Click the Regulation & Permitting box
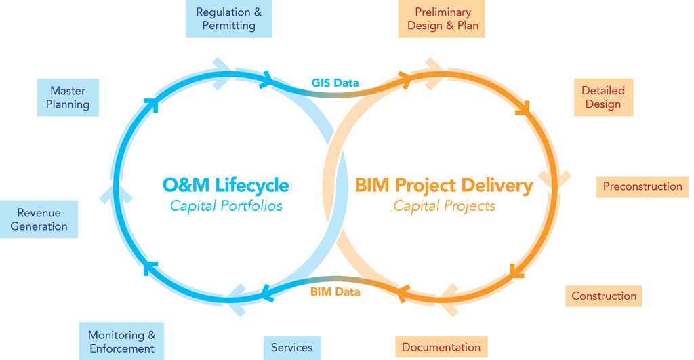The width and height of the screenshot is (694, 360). (x=228, y=19)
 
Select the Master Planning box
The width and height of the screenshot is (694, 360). (x=68, y=98)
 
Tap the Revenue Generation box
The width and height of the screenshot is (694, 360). (x=39, y=220)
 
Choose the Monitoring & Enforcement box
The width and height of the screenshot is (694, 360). (x=121, y=342)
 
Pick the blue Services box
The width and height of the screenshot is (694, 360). (x=291, y=348)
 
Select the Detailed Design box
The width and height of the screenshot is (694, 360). (x=603, y=98)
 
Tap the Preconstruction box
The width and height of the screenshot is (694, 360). (x=642, y=186)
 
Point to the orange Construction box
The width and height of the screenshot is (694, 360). (x=603, y=296)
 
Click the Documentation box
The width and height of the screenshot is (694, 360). (x=441, y=348)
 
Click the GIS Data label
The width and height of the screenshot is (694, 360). (x=335, y=83)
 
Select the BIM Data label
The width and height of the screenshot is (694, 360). (x=335, y=292)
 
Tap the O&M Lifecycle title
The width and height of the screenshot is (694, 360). (x=225, y=184)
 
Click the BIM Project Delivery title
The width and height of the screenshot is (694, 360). (x=444, y=184)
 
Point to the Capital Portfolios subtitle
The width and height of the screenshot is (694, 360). (x=225, y=205)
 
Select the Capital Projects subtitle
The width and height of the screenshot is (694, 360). (x=444, y=205)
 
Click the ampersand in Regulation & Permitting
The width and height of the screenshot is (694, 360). (x=257, y=12)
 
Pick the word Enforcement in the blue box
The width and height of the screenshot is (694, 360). (x=121, y=349)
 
